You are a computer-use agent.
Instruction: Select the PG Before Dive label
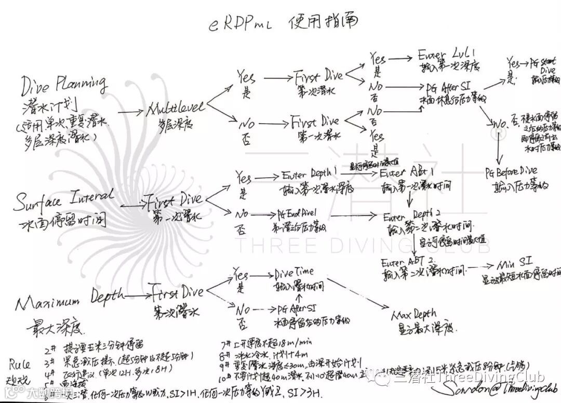[511, 172]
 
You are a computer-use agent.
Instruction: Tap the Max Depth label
[414, 315]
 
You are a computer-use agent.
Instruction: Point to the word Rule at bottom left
[20, 363]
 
